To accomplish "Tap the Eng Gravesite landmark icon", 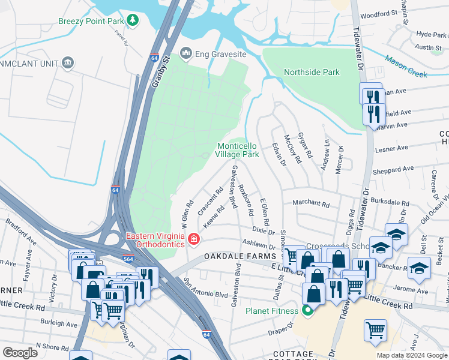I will [x=185, y=54].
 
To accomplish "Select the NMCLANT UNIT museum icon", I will [x=67, y=62].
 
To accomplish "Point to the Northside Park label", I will [x=312, y=72].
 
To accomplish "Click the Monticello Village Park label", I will [x=238, y=150].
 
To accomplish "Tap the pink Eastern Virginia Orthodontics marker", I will [x=194, y=240].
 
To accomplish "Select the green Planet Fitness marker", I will [x=309, y=311].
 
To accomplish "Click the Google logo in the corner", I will [x=20, y=353].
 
